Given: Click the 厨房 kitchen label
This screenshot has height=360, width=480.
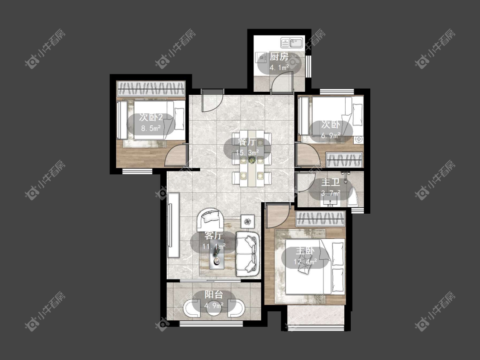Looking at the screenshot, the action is coord(279,57).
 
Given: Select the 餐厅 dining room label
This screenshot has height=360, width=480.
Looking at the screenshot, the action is coord(247,142).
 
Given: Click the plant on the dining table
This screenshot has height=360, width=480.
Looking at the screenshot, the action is coord(252,160).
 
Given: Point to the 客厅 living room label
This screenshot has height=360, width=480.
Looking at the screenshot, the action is coord(214,236).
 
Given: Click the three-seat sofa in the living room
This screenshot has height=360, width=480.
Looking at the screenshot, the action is coord(247,253).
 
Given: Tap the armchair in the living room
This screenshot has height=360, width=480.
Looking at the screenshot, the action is coord(210,219).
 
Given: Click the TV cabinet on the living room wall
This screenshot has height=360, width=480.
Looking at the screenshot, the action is coord(173,225).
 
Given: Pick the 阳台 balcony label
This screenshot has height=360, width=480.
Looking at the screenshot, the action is coord(214,294).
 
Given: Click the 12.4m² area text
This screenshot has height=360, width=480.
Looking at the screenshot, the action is coord(305,262).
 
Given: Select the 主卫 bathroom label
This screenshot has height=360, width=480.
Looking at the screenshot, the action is coord(331,183).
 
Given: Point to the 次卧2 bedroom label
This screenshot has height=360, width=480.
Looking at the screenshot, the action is coord(151,117).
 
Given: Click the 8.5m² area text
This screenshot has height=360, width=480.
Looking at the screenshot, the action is coord(151,128).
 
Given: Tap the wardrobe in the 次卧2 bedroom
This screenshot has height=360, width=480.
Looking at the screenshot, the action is coord(151,89).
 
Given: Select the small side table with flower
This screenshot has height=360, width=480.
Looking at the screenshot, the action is coord(247,221).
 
